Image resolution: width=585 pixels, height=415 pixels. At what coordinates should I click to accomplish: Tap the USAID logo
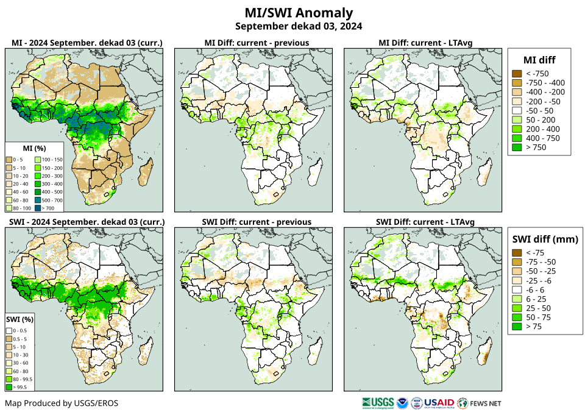coord(439,403)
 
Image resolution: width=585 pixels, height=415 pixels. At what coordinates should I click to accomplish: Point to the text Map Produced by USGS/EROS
coord(62,403)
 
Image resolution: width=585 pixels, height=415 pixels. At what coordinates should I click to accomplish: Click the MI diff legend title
coord(539,59)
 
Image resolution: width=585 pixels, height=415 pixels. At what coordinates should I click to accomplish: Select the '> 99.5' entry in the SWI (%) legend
coord(19,386)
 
